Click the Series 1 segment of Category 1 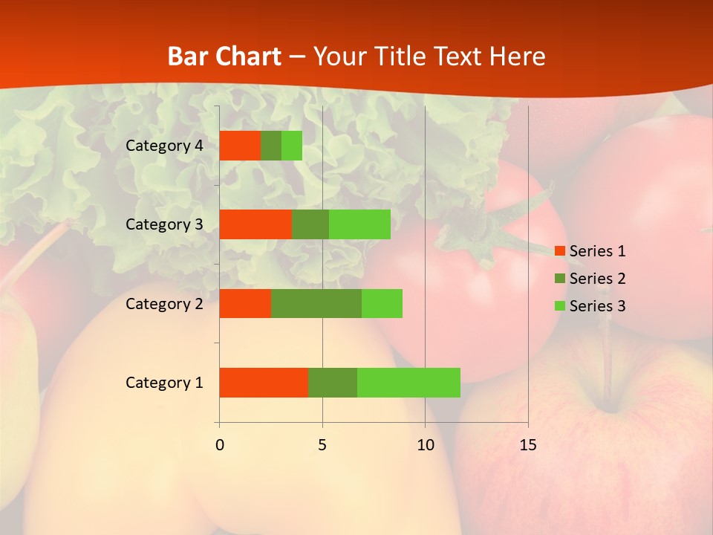coord(264,383)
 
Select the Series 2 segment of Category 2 coord(316,303)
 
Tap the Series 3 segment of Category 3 coord(359,224)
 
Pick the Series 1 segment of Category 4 coord(240,146)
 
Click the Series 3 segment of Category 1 coord(408,383)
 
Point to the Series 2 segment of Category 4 coord(271,146)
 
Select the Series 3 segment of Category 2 coord(382,303)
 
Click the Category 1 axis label coord(163,383)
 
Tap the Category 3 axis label coord(163,224)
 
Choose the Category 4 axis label coord(163,146)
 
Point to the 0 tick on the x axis coord(220,445)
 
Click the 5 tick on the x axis coord(322,445)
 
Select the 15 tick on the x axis coord(527,445)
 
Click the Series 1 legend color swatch coord(560,251)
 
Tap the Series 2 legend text coord(597,279)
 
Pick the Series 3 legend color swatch coord(560,306)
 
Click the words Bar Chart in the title coord(224,56)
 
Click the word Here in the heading coord(518,56)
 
